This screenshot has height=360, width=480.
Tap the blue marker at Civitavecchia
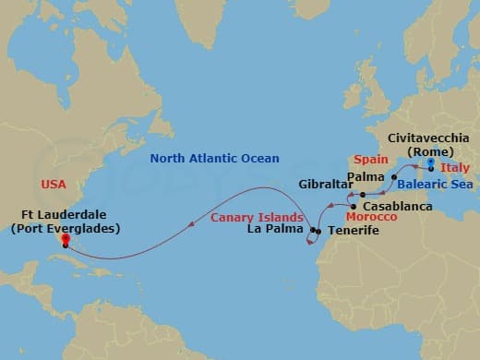pyautogui.click(x=431, y=166)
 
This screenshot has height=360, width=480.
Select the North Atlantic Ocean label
pyautogui.click(x=216, y=158)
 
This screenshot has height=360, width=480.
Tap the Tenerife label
pyautogui.click(x=354, y=230)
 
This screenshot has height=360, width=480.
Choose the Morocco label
pyautogui.click(x=374, y=217)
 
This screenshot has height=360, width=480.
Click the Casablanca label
pyautogui.click(x=398, y=206)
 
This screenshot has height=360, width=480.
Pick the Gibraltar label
pyautogui.click(x=323, y=184)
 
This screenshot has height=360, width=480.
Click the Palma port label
pyautogui.click(x=366, y=174)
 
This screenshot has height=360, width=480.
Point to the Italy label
pyautogui.click(x=454, y=168)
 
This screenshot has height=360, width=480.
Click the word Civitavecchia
pyautogui.click(x=427, y=138)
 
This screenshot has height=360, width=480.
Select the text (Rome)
pyautogui.click(x=427, y=151)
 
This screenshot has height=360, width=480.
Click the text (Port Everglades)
pyautogui.click(x=66, y=228)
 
